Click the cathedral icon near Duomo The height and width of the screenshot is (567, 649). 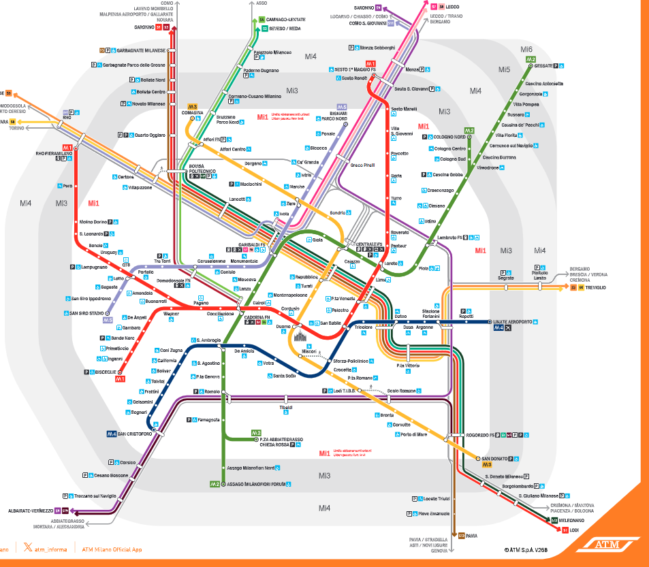tap(300, 336)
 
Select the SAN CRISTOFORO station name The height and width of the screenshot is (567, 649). tap(135, 434)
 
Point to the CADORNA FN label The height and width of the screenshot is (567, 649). tap(257, 318)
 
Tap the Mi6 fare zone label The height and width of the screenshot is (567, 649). tap(526, 49)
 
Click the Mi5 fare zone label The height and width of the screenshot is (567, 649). tap(504, 69)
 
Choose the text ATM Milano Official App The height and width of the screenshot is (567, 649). tap(112, 549)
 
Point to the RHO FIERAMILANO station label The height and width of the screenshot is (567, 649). tap(54, 153)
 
